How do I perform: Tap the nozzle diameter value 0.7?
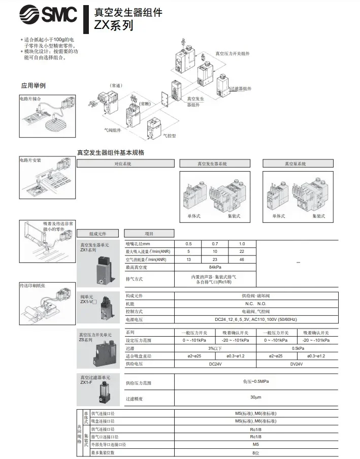[x=215, y=244]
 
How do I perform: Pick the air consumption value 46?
[x=242, y=259]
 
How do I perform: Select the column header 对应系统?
[x=123, y=164]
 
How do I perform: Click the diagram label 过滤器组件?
[x=241, y=89]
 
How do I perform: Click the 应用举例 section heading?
[x=33, y=85]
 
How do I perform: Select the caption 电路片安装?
[x=30, y=160]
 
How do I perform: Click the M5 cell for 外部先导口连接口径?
[x=255, y=444]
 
